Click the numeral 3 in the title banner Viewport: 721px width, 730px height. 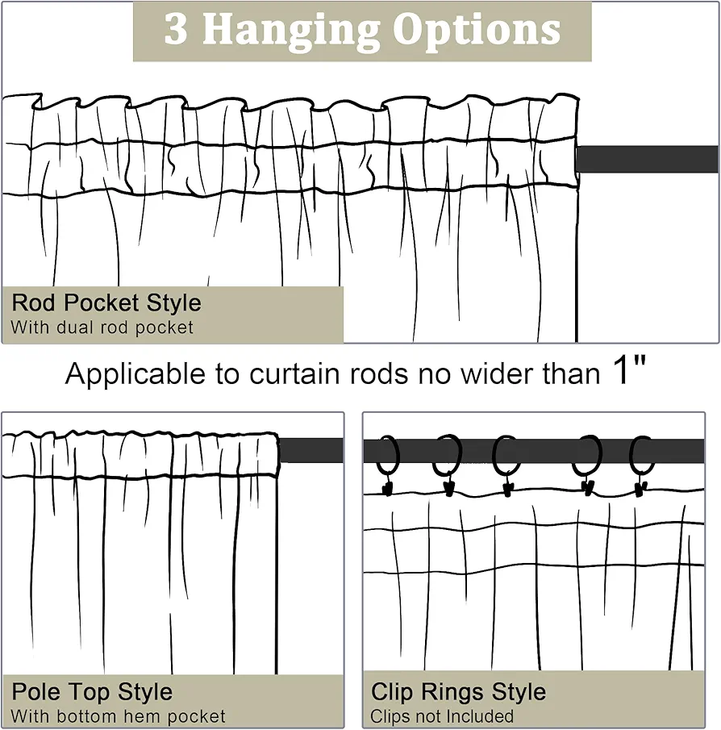tap(176, 29)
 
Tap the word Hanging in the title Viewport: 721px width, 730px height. tap(291, 31)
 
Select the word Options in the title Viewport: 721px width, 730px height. tap(477, 31)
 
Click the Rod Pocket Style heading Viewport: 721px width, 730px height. tap(106, 302)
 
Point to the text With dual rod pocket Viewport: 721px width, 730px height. tap(102, 327)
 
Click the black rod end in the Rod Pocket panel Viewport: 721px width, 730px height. tap(648, 159)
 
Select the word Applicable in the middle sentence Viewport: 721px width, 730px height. tap(135, 373)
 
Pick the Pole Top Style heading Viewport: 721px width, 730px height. tap(92, 692)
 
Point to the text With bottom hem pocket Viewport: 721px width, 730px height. tap(118, 716)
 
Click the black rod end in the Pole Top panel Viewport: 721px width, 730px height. tap(311, 450)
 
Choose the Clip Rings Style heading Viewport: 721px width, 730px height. tap(458, 692)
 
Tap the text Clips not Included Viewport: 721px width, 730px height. tap(442, 716)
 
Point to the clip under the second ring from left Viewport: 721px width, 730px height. tap(448, 489)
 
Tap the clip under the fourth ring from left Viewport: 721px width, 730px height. tap(588, 488)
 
